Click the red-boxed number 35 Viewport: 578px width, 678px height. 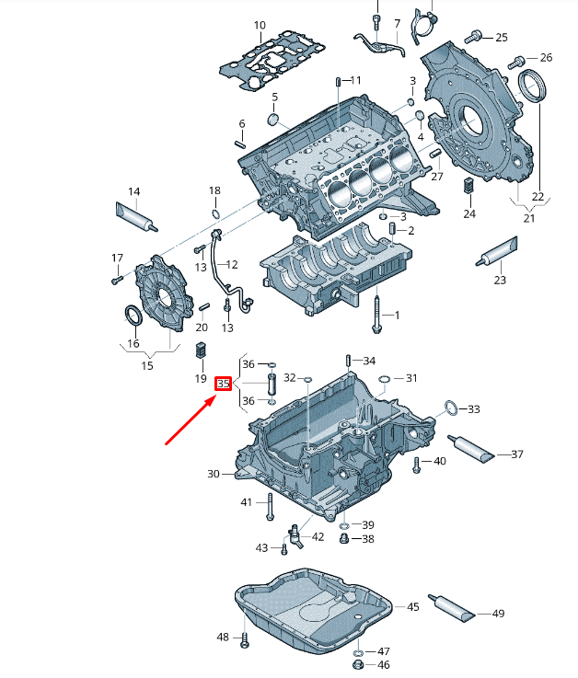[x=223, y=383]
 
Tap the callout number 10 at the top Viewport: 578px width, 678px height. [x=260, y=26]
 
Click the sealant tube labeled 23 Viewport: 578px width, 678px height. [x=497, y=250]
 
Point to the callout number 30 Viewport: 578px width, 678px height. [x=214, y=474]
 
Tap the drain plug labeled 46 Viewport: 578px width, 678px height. [x=358, y=663]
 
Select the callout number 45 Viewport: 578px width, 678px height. [x=412, y=606]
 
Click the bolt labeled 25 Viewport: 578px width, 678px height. [x=475, y=37]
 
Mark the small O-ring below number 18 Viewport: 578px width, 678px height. [x=214, y=215]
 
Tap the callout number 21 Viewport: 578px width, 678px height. [x=528, y=217]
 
